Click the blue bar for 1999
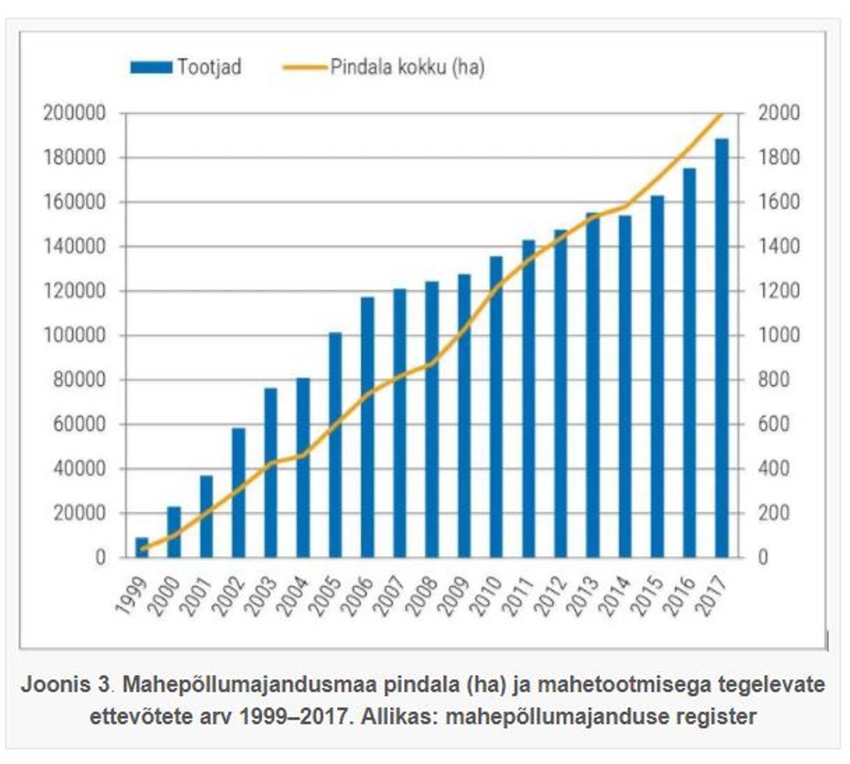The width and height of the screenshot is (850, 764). pos(142,547)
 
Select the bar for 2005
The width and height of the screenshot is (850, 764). pos(335,445)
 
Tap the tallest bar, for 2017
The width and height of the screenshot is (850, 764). pos(722,348)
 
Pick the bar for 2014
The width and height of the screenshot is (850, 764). pos(625,386)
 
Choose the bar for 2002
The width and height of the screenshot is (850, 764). pos(238,493)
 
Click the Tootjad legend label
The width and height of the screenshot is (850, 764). pos(209,67)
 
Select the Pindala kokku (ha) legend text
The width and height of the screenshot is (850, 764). pos(407,67)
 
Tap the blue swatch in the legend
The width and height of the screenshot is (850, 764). pos(151,67)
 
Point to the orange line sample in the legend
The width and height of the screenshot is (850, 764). pos(305,67)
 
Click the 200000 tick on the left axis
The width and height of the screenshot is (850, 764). pos(75,113)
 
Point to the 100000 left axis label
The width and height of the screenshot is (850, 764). pos(75,335)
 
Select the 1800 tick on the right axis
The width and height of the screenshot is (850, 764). pos(779,158)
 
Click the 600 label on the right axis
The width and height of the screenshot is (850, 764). pos(774,424)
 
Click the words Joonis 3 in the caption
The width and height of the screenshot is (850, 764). pos(65,685)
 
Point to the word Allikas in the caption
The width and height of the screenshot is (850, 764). pos(398,716)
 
